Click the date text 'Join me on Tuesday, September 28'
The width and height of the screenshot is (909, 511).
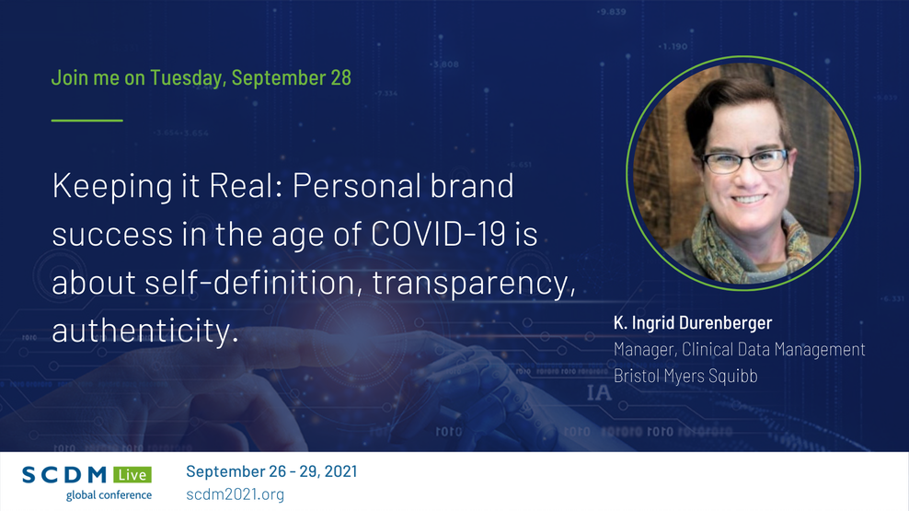coord(201,77)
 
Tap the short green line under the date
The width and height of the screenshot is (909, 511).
coord(86,120)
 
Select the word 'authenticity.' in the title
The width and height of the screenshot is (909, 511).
coord(145,331)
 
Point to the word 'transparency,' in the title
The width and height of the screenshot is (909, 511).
coord(475,283)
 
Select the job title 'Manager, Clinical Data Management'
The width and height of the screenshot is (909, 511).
coord(739,350)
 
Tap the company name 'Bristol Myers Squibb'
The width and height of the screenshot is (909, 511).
coord(685,376)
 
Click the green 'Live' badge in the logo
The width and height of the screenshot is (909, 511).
coord(132,475)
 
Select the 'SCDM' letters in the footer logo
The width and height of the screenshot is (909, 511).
coord(65,475)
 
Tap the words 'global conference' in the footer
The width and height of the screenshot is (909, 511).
coord(109,495)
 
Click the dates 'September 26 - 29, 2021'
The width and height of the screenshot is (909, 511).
coord(271,471)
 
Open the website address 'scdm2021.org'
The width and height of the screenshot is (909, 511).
coord(235,494)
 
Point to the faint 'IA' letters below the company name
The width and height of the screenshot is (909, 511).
coord(599,394)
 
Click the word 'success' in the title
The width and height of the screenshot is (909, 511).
coord(103,235)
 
